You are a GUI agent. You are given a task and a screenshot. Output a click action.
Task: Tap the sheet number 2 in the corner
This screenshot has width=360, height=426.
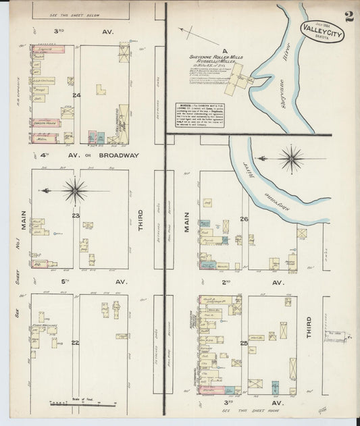click(x=348, y=16)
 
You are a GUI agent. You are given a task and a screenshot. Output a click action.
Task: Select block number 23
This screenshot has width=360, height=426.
click(x=76, y=216)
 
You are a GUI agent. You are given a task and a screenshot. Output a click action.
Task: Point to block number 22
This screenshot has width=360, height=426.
click(x=76, y=342)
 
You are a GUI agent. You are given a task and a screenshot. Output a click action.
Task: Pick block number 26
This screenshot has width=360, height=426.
click(x=245, y=219)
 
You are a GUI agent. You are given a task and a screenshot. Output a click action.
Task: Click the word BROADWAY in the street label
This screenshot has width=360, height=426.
click(x=120, y=155)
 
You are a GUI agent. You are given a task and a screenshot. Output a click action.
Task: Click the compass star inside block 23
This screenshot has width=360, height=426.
click(x=74, y=190)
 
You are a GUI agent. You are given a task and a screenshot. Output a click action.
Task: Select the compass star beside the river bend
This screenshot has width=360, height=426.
click(x=292, y=159)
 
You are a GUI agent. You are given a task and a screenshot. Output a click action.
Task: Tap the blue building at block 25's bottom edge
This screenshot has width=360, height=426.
click(x=275, y=388)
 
